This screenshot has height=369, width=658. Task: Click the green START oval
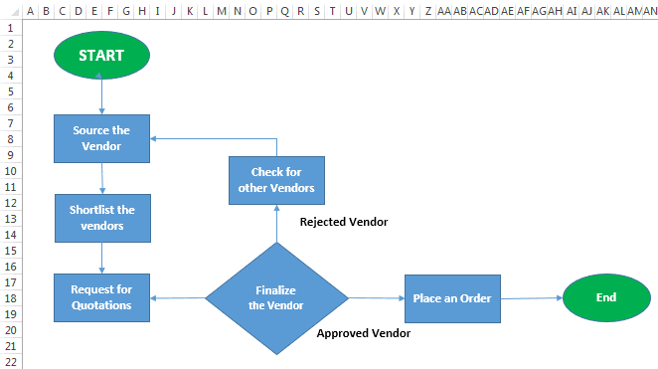(101, 56)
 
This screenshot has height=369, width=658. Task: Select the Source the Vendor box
(101, 138)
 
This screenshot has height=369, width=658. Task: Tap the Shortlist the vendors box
(102, 218)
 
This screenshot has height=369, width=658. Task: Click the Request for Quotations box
(101, 297)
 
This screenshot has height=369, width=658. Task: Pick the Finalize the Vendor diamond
(276, 297)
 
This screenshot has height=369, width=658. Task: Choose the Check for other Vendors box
(276, 180)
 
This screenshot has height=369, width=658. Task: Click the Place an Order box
(450, 297)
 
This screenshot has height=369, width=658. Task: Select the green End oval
(605, 297)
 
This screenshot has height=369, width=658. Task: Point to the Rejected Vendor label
(344, 222)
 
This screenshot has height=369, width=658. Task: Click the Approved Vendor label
(363, 334)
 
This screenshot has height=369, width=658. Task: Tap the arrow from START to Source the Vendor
(101, 96)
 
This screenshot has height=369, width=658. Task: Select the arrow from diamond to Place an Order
(376, 297)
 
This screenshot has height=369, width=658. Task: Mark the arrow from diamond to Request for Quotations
(177, 297)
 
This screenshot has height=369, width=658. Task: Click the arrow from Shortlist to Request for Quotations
(102, 258)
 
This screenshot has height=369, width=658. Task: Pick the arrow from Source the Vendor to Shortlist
(102, 178)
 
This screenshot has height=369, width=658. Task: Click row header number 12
(11, 203)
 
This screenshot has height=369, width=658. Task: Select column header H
(142, 11)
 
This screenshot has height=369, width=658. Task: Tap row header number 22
(11, 361)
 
